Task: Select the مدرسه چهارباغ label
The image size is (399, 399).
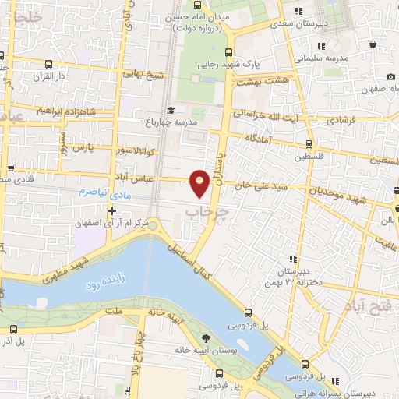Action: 199,122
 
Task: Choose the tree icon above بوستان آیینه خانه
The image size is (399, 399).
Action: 206,337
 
